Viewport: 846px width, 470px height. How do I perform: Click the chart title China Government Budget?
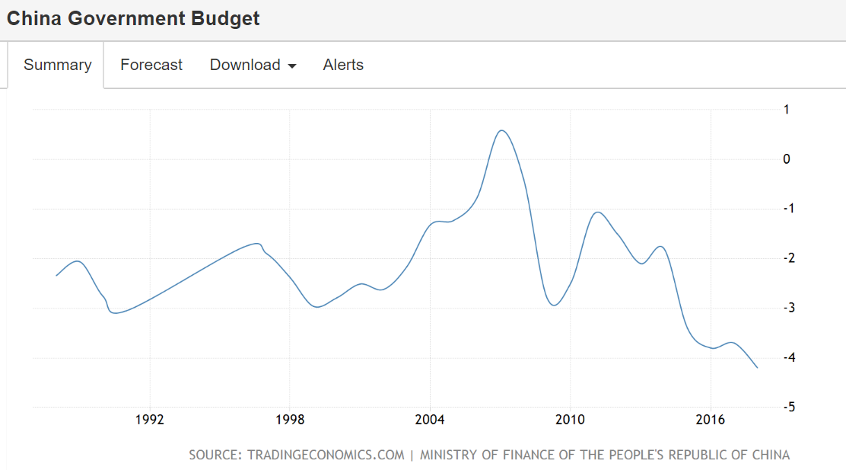(x=133, y=19)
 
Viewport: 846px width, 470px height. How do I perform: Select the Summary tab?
(x=57, y=65)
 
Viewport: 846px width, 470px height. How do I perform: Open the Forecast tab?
(x=151, y=65)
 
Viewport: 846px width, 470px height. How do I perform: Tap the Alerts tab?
(x=343, y=65)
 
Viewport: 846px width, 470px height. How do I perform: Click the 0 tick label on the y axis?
(x=787, y=159)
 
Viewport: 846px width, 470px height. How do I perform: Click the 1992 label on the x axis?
(x=150, y=420)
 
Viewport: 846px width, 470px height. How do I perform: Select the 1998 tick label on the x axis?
(x=290, y=420)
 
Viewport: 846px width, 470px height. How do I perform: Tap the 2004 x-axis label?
(x=430, y=420)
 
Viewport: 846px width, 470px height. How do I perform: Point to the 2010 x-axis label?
(x=570, y=420)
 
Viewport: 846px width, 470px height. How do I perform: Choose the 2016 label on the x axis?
(x=710, y=420)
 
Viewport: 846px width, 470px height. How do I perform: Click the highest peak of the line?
(x=501, y=130)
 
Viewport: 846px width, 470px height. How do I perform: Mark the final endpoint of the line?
(x=757, y=368)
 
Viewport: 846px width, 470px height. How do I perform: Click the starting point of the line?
(x=56, y=275)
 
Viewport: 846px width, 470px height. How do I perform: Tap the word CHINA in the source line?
(x=769, y=455)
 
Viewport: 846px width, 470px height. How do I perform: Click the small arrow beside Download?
(x=291, y=66)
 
